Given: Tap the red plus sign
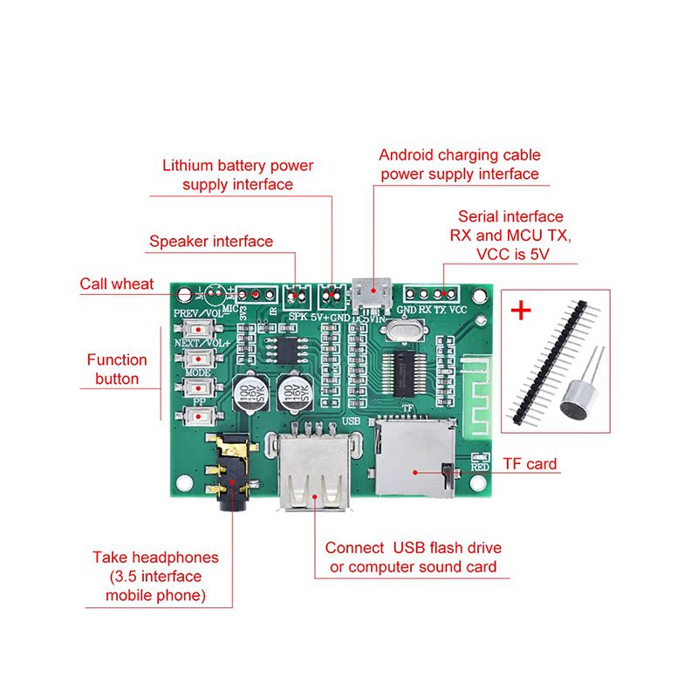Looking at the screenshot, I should tap(522, 311).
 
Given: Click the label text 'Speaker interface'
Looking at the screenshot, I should tap(211, 242).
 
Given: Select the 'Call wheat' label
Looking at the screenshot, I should tap(117, 284).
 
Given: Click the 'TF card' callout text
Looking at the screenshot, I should tap(530, 464).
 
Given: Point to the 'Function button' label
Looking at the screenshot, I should tap(117, 369).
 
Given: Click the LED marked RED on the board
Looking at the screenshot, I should tap(478, 458).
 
